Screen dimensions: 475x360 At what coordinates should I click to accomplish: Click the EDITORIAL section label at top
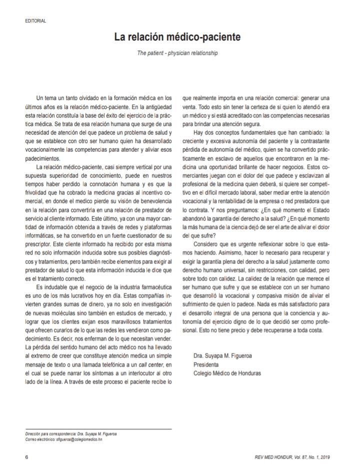tap(35, 21)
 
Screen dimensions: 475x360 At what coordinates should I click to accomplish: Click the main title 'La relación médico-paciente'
tap(177, 37)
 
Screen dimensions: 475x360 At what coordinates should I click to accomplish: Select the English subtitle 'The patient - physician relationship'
tap(177, 52)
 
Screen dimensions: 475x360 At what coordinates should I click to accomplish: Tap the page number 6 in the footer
tap(26, 457)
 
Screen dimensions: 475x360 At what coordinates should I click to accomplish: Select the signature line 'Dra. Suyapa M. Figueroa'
tap(222, 355)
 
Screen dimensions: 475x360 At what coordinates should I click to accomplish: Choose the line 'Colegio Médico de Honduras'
tap(227, 373)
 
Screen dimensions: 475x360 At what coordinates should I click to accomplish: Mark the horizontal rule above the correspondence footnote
tap(98, 429)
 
